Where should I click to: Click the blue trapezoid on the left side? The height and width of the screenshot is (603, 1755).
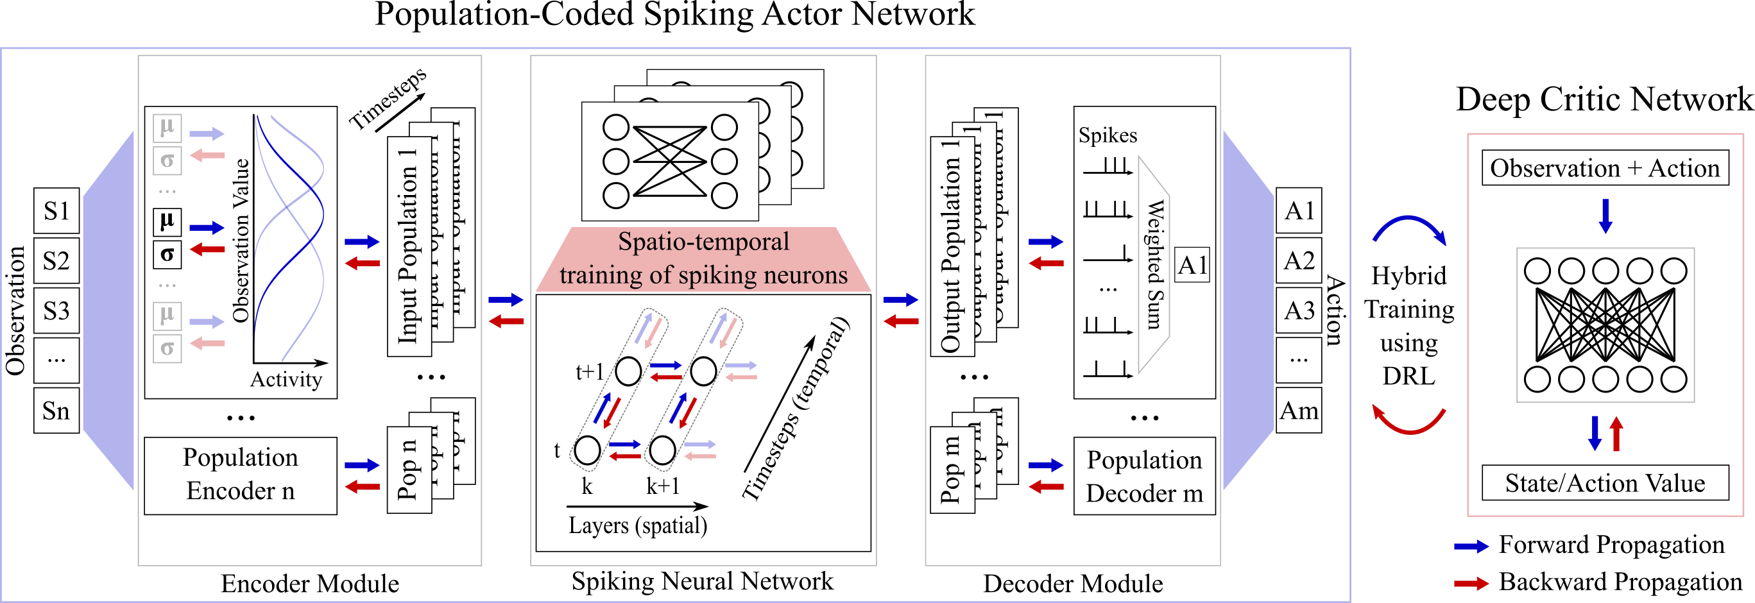[109, 310]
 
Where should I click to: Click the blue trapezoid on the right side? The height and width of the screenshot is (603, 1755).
[1248, 310]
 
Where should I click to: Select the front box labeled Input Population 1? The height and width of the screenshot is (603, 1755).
[409, 246]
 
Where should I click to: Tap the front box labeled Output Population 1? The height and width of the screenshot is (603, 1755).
[952, 246]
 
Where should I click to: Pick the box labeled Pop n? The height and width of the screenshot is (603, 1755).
[409, 470]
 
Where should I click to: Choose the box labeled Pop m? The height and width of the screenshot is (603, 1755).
[952, 470]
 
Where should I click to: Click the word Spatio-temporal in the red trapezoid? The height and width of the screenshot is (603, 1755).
[703, 242]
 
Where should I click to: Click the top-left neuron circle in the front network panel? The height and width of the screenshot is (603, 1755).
[616, 128]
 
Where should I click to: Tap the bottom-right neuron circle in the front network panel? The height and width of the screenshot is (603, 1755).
[724, 196]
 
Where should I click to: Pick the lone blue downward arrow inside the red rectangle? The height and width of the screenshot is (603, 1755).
[1605, 216]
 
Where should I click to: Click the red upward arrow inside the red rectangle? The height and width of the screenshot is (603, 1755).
[1616, 434]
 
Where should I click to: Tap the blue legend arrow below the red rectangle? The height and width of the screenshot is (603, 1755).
[1471, 547]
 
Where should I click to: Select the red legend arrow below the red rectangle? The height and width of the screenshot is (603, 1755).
[1471, 583]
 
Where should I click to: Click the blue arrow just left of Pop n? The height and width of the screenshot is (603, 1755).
[362, 465]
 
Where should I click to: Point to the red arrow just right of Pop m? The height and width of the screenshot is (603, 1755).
[1046, 486]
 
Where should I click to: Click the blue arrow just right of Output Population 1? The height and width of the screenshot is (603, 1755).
[1046, 241]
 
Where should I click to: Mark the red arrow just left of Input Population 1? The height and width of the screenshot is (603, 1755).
[362, 263]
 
